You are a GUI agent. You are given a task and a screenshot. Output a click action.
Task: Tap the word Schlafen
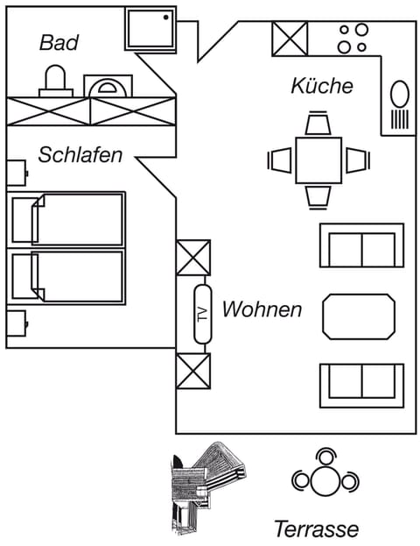coord(80,154)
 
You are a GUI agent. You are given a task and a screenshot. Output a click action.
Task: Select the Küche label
coord(322,86)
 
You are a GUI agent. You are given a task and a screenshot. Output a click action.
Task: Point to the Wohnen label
coord(262,309)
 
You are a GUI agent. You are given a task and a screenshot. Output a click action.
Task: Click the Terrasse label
coord(316,528)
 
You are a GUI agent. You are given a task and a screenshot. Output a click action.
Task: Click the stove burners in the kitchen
coord(353,38)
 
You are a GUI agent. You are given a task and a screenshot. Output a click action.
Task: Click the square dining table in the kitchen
coord(318,160)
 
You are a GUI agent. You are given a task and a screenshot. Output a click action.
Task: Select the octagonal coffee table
coord(359,316)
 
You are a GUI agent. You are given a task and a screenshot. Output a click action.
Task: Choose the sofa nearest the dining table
coord(360,245)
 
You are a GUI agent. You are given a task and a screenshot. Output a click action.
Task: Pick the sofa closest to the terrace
coord(360,384)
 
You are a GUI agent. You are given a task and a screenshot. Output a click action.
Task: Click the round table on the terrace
coord(325,479)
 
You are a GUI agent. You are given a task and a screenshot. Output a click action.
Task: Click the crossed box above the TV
coord(193,258)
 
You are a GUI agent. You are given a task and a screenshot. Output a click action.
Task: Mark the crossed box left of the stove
coord(290,38)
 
